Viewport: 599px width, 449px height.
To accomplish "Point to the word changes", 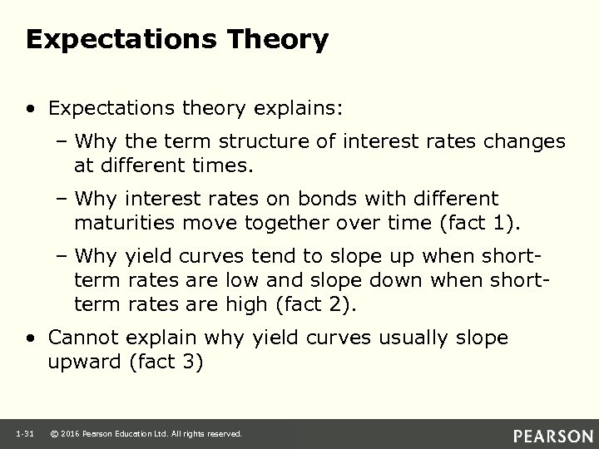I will point(522,142).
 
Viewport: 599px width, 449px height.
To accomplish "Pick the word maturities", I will point(122,222).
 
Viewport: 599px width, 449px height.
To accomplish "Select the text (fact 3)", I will point(166,362).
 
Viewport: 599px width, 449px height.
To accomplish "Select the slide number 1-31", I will point(23,434).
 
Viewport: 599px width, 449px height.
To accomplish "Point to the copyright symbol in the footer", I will point(54,434).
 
